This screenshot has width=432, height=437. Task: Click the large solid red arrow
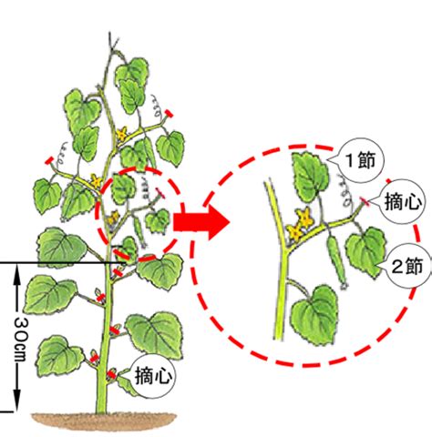click(201, 222)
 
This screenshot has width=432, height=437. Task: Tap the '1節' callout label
click(361, 160)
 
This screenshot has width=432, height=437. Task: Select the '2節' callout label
click(407, 266)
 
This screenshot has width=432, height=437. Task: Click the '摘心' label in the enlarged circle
click(403, 201)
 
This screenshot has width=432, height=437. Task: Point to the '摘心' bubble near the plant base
click(153, 376)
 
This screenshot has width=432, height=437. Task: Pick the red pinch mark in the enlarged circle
click(365, 201)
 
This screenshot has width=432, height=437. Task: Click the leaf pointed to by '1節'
click(310, 177)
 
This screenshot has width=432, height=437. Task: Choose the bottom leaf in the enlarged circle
click(314, 316)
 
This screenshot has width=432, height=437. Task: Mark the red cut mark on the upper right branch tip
click(169, 114)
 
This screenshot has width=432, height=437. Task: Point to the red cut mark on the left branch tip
click(49, 160)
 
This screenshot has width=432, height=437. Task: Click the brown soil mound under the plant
click(104, 421)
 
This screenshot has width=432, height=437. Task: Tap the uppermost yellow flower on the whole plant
click(122, 134)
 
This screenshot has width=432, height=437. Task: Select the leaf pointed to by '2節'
click(365, 252)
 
